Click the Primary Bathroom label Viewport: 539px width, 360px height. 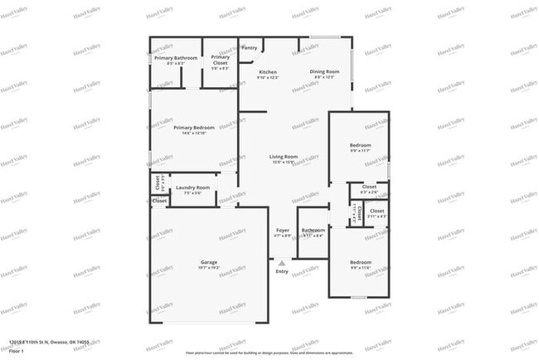click(176, 57)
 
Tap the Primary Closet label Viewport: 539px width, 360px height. click(220, 57)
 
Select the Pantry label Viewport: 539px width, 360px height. click(250, 48)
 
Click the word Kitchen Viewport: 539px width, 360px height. click(268, 72)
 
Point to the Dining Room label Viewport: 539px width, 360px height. click(325, 72)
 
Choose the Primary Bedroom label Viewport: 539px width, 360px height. click(194, 127)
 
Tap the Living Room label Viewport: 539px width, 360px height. click(284, 157)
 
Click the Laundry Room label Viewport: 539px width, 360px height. click(192, 187)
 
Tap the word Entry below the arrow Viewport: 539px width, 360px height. click(282, 271)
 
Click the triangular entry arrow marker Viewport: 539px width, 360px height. click(282, 262)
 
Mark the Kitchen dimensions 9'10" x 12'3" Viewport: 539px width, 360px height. click(268, 78)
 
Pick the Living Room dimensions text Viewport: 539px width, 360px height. click(284, 163)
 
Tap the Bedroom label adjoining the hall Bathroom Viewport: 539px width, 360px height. click(361, 262)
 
